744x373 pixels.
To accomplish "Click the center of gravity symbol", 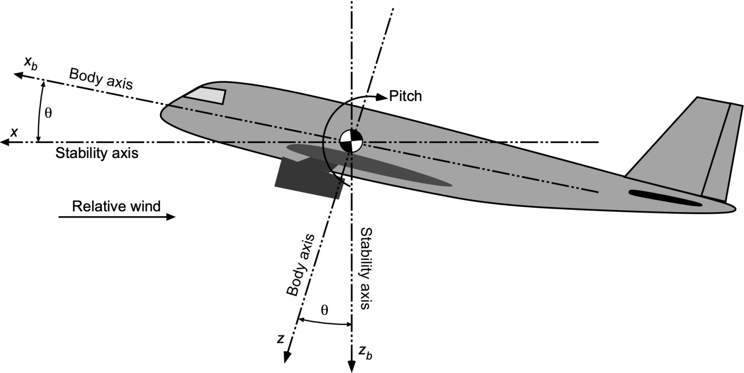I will click(x=351, y=141).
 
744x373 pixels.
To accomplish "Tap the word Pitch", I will click(x=405, y=96).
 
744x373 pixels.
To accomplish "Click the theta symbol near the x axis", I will click(x=48, y=113).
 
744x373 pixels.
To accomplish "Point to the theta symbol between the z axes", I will click(x=325, y=310).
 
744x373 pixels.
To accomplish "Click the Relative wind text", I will click(x=116, y=206).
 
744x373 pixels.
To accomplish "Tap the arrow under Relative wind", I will click(x=116, y=218).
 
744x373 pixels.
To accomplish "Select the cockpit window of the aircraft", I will click(x=206, y=95).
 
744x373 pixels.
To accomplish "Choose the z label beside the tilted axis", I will click(x=280, y=339).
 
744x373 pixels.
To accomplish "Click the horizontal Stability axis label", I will click(x=97, y=154).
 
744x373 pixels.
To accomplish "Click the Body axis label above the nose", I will click(x=100, y=78).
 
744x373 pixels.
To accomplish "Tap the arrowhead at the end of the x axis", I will click(x=6, y=142).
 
